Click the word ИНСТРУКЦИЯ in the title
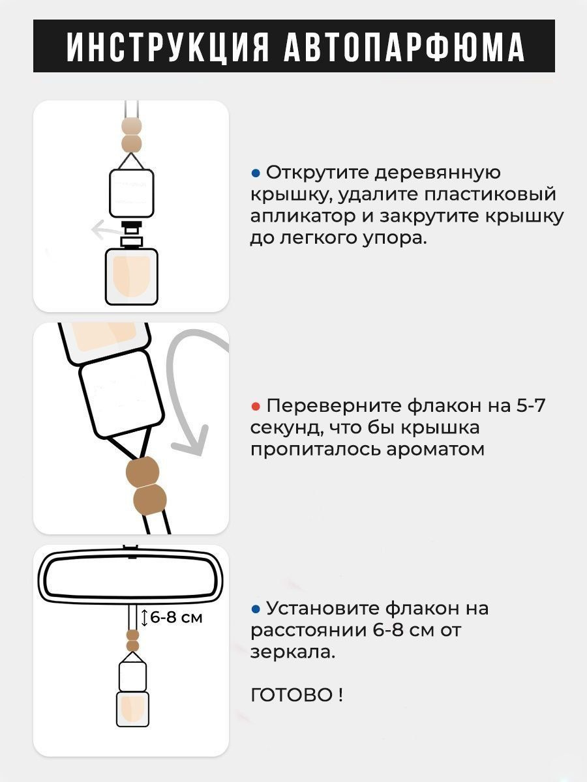pyautogui.click(x=168, y=47)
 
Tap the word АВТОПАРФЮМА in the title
pyautogui.click(x=404, y=47)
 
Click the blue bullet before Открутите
pyautogui.click(x=256, y=173)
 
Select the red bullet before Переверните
pyautogui.click(x=256, y=407)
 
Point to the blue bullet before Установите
pyautogui.click(x=256, y=609)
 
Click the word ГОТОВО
pyautogui.click(x=292, y=695)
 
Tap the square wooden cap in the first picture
pyautogui.click(x=132, y=193)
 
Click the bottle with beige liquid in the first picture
pyautogui.click(x=132, y=277)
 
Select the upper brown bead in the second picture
pyautogui.click(x=142, y=471)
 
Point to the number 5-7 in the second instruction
pyautogui.click(x=530, y=407)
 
